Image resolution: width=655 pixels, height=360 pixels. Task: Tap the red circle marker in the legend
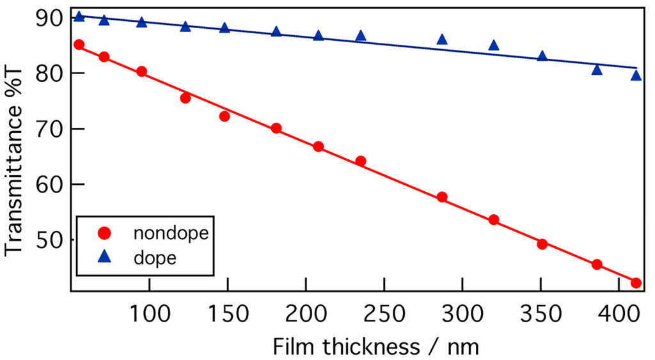pos(105,233)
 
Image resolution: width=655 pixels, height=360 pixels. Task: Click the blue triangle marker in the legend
pos(105,258)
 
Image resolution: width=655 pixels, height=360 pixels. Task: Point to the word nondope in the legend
pos(171,233)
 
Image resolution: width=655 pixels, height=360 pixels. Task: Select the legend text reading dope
pos(155,258)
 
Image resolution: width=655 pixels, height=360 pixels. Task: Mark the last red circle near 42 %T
pos(636,283)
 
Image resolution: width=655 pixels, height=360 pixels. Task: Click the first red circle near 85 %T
pos(79,45)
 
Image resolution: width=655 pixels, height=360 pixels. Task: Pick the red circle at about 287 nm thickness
pos(442,197)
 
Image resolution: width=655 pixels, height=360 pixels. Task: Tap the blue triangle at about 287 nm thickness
pos(442,40)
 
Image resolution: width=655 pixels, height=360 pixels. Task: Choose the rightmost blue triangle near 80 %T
pos(636,75)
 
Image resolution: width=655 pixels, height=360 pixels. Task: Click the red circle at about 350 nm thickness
pos(542,244)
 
